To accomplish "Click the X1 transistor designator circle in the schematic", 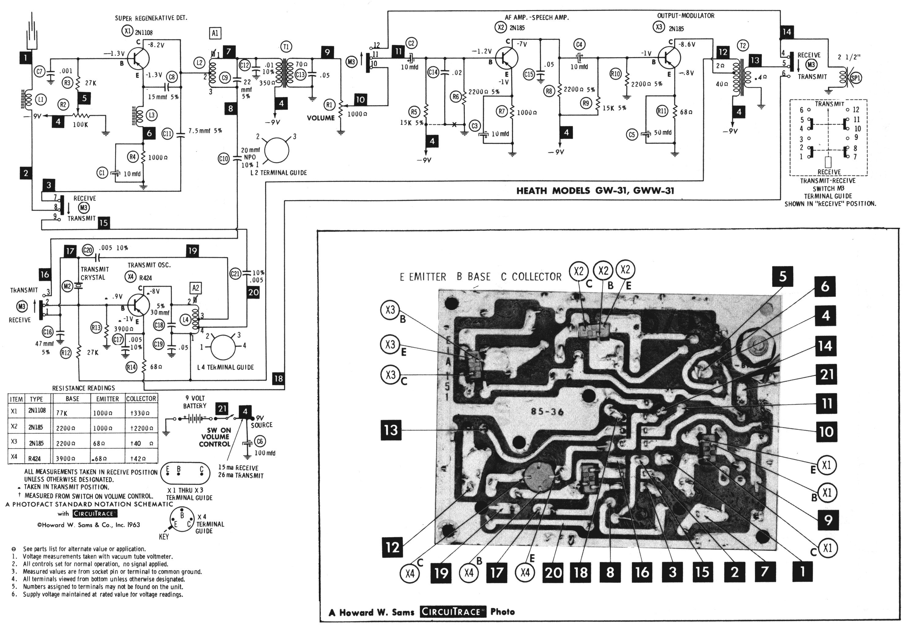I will coord(126,32).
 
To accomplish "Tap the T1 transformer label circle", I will coord(286,47).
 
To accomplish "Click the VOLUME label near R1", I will coord(321,118).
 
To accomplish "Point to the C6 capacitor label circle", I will coord(260,441).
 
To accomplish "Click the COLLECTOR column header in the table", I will coord(141,399).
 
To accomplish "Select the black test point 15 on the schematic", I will coord(103,223).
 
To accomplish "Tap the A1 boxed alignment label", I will coord(215,33).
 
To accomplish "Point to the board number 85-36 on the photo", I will coord(547,412).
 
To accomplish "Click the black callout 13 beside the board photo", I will coord(391,430).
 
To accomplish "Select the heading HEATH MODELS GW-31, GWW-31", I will coord(595,191).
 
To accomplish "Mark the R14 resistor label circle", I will coord(131,367).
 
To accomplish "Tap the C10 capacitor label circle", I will coord(223,159).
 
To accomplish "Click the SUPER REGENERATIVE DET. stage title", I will coord(151,18).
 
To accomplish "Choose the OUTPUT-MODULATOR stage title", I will coord(686,16).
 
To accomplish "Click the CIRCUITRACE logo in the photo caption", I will coord(451,612).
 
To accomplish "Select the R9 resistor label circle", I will coord(586,103).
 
